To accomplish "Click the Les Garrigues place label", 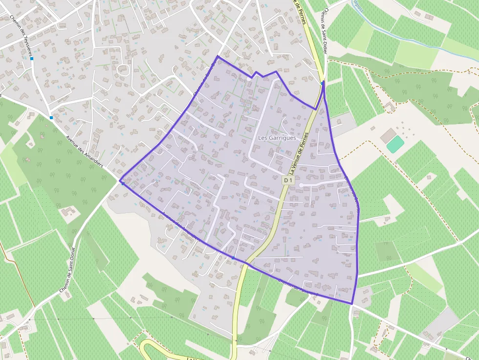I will [277, 138].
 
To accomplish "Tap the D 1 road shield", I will [288, 180].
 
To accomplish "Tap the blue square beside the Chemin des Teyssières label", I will [32, 59].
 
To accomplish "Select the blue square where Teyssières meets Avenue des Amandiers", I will [51, 117].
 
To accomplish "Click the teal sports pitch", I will [395, 144].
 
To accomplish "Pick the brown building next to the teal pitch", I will [388, 134].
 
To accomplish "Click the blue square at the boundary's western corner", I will [122, 182].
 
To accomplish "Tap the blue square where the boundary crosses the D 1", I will [233, 257].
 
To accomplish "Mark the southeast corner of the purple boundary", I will [352, 304].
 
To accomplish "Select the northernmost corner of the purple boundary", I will [218, 57].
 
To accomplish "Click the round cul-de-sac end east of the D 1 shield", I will [301, 185].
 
